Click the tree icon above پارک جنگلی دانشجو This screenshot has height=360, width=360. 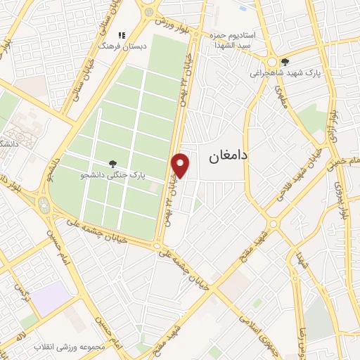pos(113,165)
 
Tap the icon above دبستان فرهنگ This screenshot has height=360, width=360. pos(121,34)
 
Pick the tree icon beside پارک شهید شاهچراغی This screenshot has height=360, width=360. pos(284,61)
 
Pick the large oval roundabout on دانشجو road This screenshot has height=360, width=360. pos(45,205)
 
